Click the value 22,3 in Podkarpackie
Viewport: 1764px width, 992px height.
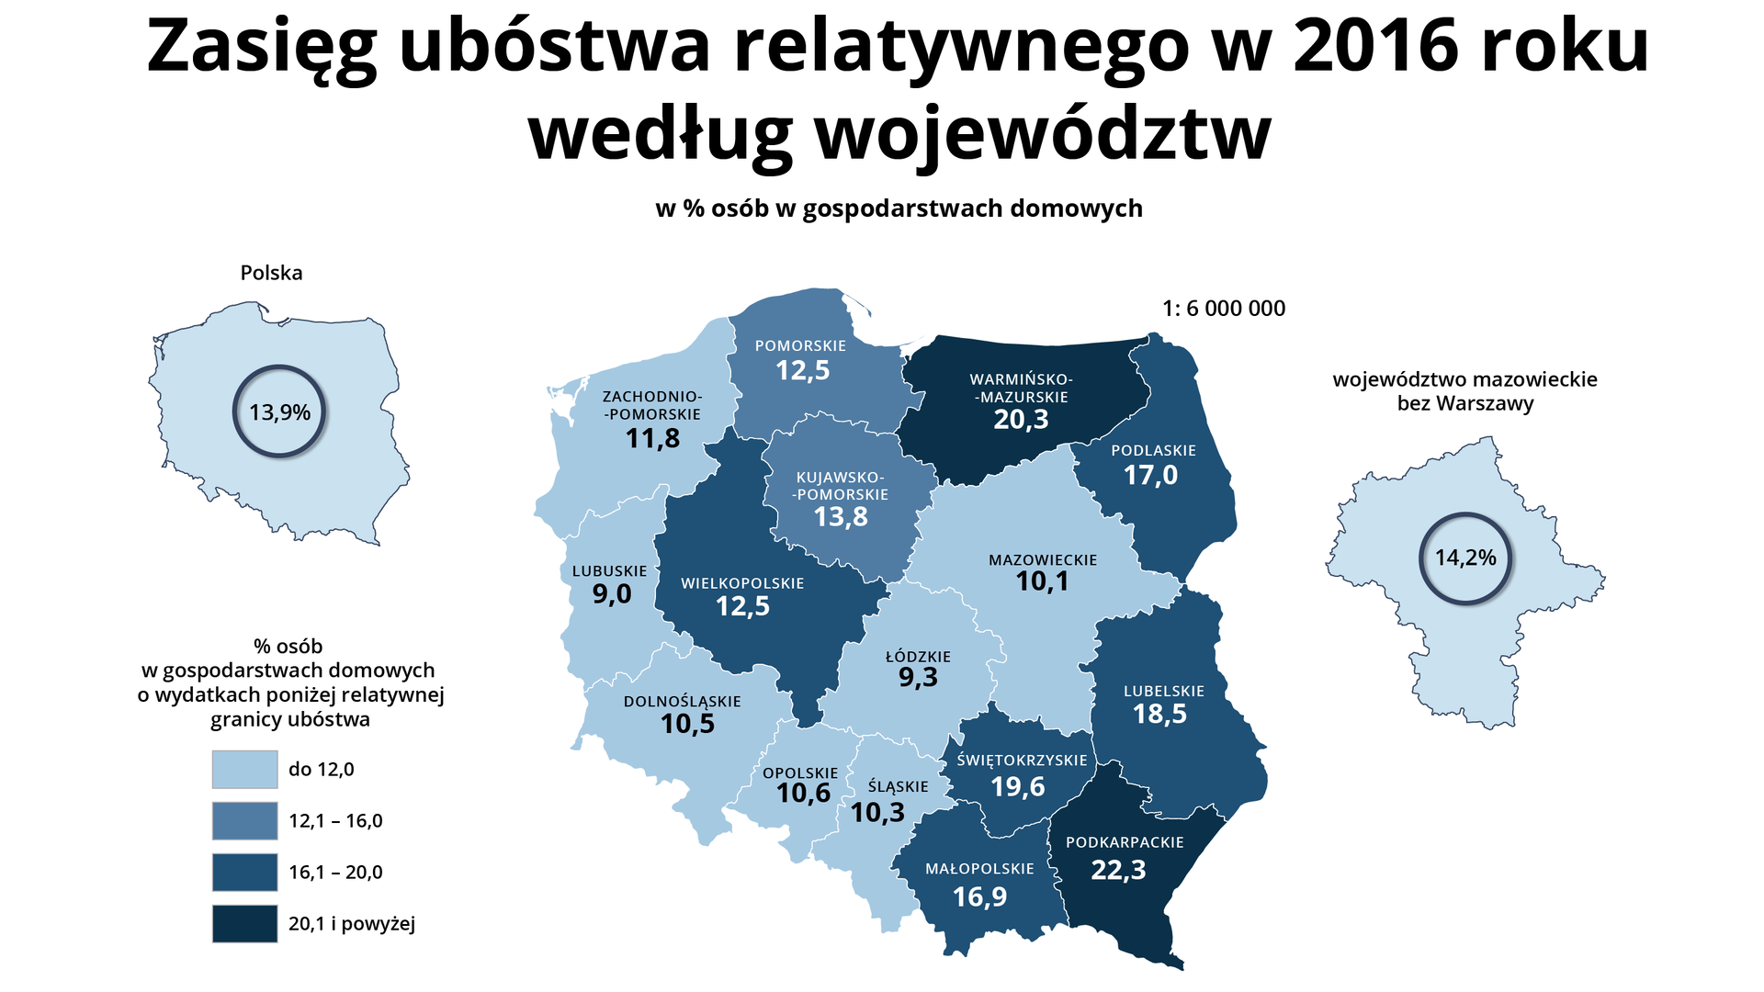tap(1118, 870)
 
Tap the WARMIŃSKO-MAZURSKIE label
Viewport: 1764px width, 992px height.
tap(1021, 388)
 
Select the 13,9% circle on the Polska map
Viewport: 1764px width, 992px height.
tap(279, 412)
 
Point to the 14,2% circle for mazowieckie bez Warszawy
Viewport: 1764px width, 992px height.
tap(1465, 558)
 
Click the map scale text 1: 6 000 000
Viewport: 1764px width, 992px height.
tap(1224, 309)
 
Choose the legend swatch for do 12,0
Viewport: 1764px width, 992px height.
tap(244, 770)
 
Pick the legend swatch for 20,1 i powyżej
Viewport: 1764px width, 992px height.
tap(244, 924)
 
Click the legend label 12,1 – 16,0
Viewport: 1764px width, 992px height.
tap(335, 821)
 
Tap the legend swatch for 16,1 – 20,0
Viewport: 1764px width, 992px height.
tap(244, 873)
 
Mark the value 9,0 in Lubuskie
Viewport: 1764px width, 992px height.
tap(612, 594)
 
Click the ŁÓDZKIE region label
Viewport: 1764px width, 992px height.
tap(918, 657)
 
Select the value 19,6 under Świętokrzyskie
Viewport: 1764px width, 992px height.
tap(1018, 787)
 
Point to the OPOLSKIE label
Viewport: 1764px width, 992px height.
tap(800, 773)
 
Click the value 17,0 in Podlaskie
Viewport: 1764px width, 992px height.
tap(1150, 476)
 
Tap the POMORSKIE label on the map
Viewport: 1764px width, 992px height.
tap(800, 346)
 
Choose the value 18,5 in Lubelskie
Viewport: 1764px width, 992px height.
tap(1159, 715)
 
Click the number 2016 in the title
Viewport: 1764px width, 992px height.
tap(1376, 46)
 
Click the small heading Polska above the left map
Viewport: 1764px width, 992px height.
tap(271, 273)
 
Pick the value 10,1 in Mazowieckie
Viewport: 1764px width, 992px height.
tap(1042, 581)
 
